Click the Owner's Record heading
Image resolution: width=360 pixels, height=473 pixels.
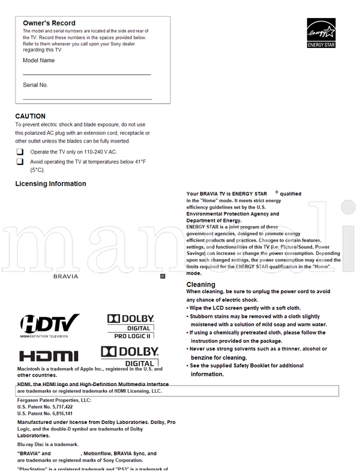49,23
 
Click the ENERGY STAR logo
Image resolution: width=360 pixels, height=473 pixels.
321,33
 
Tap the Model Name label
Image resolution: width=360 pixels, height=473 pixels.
38,61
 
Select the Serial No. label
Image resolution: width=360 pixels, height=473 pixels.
35,85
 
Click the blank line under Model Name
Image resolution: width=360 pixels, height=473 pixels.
86,74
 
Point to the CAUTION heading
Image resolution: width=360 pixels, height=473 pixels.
30,116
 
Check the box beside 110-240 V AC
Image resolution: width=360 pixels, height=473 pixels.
20,152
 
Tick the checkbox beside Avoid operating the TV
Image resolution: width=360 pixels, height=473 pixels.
20,161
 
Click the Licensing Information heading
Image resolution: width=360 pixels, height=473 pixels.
50,184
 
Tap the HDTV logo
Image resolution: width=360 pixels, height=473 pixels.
50,324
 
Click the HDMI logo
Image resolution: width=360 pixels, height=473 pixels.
49,355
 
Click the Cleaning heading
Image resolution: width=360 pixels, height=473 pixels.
200,285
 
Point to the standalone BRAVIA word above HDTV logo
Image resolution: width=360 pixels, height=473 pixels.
66,276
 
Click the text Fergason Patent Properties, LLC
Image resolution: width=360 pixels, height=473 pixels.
54,399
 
